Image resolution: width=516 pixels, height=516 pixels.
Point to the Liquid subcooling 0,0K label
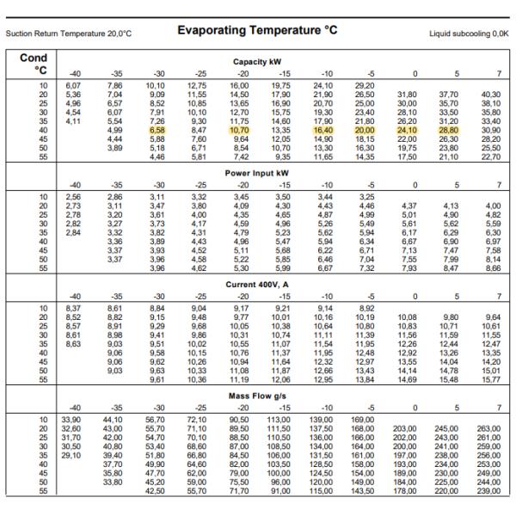point(468,34)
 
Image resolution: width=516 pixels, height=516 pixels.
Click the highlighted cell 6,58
point(157,130)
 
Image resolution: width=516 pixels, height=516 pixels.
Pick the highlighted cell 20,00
point(365,130)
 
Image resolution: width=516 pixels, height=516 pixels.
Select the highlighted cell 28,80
point(448,130)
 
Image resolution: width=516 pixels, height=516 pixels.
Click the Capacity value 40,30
point(488,94)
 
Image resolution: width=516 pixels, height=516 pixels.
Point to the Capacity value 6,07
point(74,85)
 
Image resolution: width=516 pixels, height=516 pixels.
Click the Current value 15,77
point(488,379)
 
